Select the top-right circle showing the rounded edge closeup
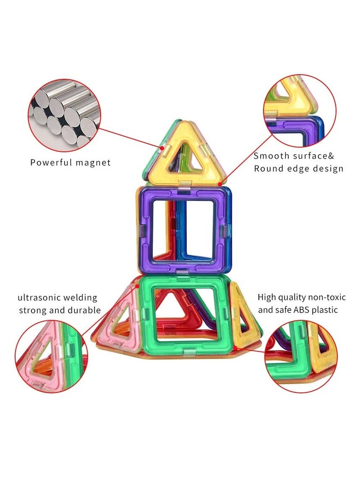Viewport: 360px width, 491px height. click(299, 111)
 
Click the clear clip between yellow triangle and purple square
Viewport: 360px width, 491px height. click(184, 185)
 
